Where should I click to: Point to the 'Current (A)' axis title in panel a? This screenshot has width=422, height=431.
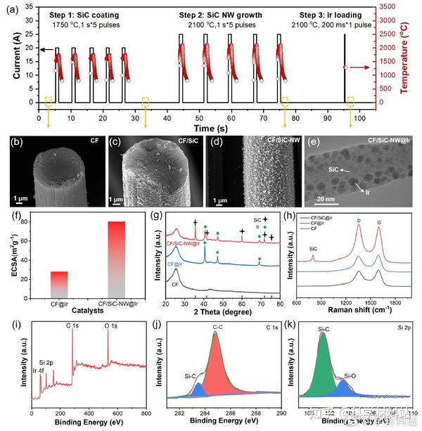point(7,59)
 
